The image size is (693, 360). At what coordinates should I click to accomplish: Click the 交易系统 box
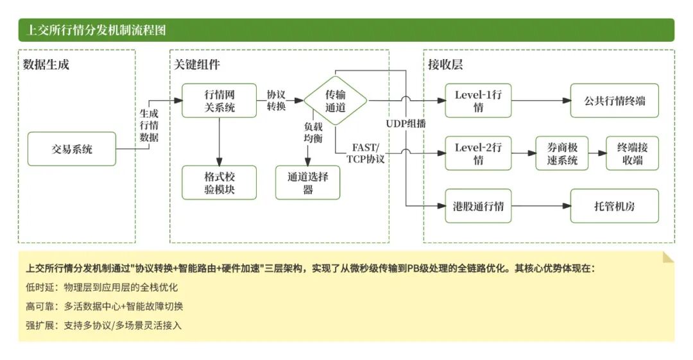click(72, 149)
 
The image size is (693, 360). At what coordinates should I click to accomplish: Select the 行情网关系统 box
click(219, 101)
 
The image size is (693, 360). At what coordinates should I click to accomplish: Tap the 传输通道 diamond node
click(335, 101)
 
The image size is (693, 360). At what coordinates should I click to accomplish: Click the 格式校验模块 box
click(219, 183)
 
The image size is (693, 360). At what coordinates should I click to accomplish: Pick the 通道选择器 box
click(308, 183)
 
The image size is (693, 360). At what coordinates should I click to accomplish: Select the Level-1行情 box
click(478, 101)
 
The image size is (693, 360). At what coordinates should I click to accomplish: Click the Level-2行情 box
click(478, 153)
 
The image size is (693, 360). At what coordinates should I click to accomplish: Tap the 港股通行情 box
click(478, 206)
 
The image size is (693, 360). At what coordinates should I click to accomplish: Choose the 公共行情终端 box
click(614, 101)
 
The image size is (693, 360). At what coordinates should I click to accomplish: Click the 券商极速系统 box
click(561, 153)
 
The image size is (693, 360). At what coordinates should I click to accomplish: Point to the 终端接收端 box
click(632, 153)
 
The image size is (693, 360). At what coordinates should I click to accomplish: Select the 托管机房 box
click(614, 206)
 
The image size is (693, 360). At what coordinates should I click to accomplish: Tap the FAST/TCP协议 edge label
click(366, 153)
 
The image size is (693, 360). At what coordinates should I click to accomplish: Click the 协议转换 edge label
click(277, 101)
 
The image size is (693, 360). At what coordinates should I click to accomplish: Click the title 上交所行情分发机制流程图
click(96, 30)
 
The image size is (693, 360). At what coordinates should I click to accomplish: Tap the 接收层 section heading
click(445, 64)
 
